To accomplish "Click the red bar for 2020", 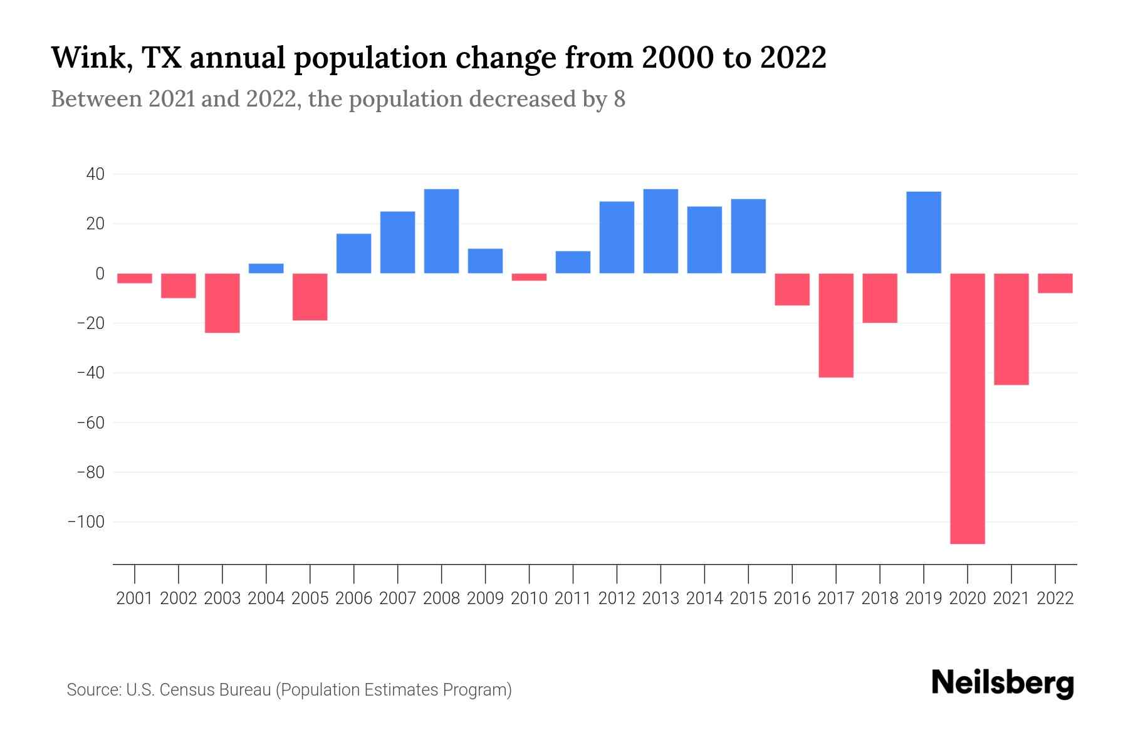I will [968, 409].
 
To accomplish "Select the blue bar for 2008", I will [441, 231].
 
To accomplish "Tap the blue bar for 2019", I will [924, 232].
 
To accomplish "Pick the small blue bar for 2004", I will [266, 268].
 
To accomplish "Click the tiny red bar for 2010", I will [529, 277].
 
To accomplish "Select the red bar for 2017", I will [836, 325].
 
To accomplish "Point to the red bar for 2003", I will [222, 303].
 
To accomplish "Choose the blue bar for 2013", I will [661, 231].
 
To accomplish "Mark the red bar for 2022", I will [1055, 283].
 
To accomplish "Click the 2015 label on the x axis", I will [748, 598].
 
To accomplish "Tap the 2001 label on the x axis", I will [135, 598].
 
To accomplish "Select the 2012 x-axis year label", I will [617, 598].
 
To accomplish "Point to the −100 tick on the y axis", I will [86, 522].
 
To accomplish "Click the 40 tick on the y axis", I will [95, 174].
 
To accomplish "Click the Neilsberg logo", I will [1003, 683].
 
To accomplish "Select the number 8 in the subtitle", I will [619, 99].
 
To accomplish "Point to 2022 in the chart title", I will [793, 58].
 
